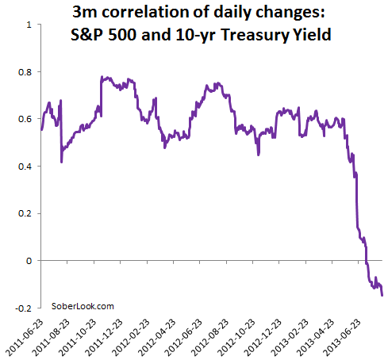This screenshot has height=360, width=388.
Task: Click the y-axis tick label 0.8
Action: tap(25, 72)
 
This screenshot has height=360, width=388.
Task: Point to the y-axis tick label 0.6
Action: tap(25, 119)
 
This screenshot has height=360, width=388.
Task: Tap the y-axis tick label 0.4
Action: tap(25, 167)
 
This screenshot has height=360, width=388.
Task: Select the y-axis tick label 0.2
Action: tap(25, 213)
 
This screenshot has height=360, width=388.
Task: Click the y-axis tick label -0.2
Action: tap(24, 308)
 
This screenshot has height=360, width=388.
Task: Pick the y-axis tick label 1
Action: tap(29, 25)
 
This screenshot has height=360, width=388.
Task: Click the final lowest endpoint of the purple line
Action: tap(383, 295)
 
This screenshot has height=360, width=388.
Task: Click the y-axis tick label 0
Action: tap(29, 261)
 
